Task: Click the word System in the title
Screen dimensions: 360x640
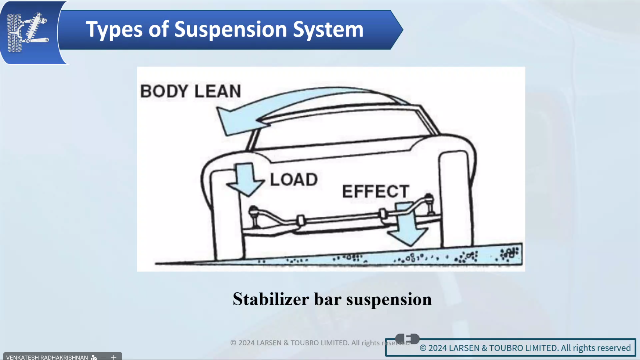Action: (x=328, y=29)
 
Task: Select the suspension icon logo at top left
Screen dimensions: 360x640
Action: (x=28, y=32)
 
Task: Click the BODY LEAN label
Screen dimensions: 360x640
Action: (x=191, y=91)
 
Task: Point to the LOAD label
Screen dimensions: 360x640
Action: (x=294, y=180)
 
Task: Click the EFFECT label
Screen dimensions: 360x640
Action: (x=375, y=191)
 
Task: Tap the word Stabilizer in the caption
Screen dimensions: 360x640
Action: (x=271, y=299)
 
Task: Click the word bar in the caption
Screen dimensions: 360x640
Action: (x=328, y=299)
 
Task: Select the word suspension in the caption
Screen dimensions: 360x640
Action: (x=389, y=299)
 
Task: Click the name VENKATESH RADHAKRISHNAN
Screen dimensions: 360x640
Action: (x=47, y=357)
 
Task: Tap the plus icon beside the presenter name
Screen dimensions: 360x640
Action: (x=113, y=357)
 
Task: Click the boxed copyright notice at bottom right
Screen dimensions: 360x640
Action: (x=510, y=348)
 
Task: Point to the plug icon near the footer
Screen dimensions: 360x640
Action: (x=407, y=338)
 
